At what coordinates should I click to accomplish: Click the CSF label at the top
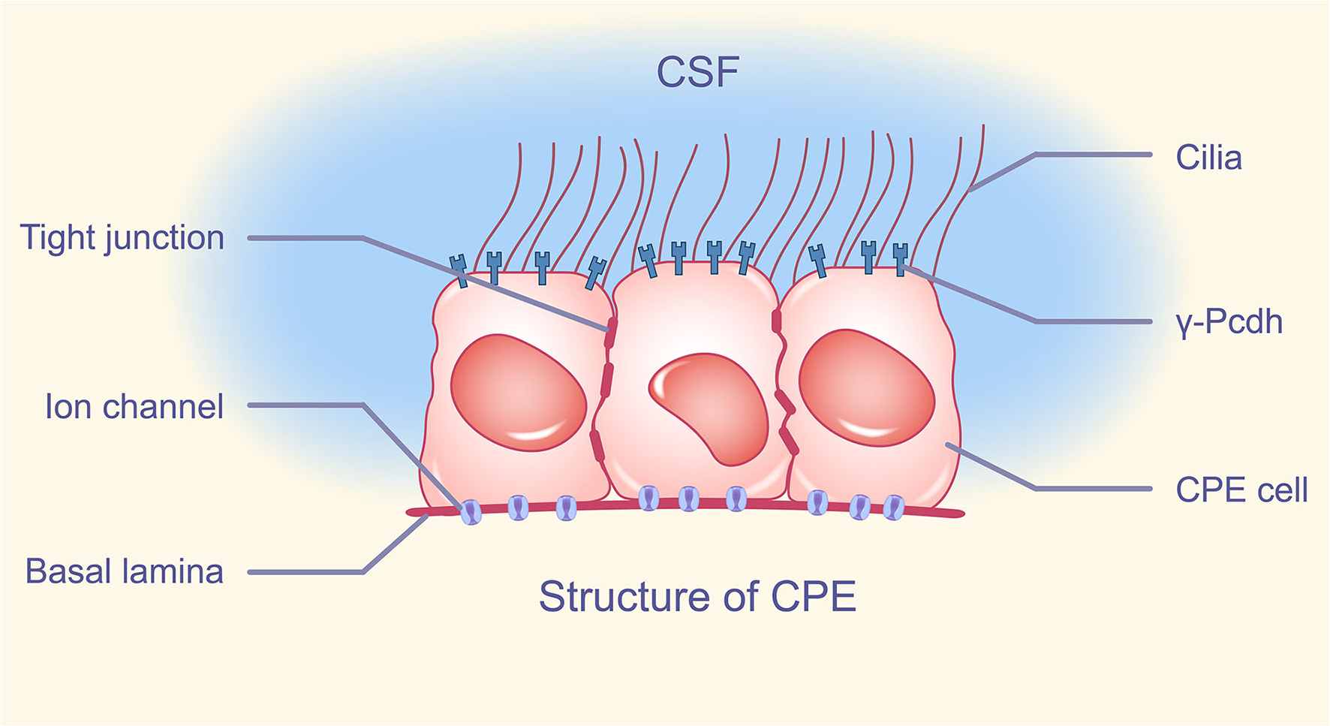tap(697, 72)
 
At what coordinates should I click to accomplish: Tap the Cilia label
tap(1208, 158)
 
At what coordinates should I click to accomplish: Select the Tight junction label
tap(122, 238)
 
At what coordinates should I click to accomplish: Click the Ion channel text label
tap(134, 407)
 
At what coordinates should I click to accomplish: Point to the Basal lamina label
tap(125, 571)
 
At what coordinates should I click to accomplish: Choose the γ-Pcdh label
tap(1229, 322)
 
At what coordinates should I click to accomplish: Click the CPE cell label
tap(1241, 490)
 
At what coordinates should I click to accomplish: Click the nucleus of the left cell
tap(518, 392)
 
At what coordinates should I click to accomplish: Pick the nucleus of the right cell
tap(866, 387)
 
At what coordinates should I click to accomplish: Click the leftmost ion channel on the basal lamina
tap(471, 512)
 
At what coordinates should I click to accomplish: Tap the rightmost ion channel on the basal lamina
tap(893, 508)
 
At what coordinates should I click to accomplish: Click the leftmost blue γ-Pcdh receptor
tap(459, 270)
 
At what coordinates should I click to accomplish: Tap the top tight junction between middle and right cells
tap(776, 321)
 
